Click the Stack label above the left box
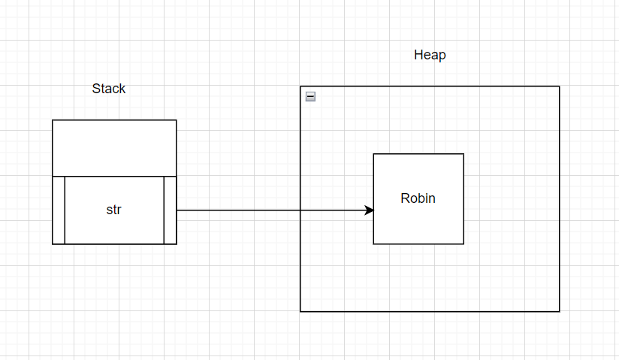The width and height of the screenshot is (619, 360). click(x=109, y=89)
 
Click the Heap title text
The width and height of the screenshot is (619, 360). click(x=430, y=55)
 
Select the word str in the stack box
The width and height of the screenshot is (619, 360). click(x=113, y=210)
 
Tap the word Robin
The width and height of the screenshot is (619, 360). click(x=418, y=198)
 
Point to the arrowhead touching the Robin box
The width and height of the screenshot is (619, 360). click(x=369, y=210)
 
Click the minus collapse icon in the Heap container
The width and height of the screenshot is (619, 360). click(x=311, y=96)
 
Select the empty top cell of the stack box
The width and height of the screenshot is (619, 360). click(x=114, y=148)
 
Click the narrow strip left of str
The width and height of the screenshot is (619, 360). click(x=59, y=210)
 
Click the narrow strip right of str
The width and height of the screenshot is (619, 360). click(x=170, y=210)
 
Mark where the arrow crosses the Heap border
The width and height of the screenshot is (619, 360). click(x=300, y=210)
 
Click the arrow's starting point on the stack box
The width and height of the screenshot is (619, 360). click(x=177, y=210)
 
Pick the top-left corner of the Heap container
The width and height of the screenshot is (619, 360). click(x=300, y=86)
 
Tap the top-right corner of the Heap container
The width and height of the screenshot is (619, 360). click(x=560, y=86)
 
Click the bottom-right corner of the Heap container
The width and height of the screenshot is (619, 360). click(x=560, y=311)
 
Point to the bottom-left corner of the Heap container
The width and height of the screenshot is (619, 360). click(x=300, y=311)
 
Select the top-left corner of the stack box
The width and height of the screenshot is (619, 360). click(x=53, y=120)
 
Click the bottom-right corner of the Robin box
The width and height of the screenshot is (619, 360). click(x=463, y=244)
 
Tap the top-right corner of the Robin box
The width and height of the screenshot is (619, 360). click(x=463, y=154)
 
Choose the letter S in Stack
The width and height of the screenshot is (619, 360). click(x=96, y=89)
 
